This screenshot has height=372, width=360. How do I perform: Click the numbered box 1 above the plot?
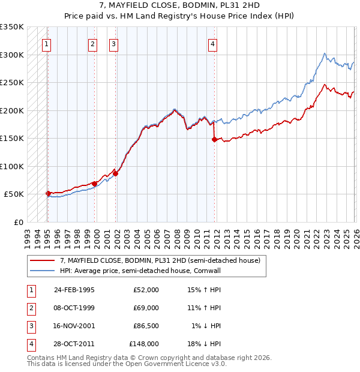click(x=47, y=43)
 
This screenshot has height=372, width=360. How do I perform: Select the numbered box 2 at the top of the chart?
click(x=92, y=43)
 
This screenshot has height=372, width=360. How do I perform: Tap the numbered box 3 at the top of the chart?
click(x=113, y=43)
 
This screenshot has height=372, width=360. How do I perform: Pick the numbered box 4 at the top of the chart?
click(x=212, y=43)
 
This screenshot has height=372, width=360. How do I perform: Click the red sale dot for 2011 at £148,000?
click(x=214, y=139)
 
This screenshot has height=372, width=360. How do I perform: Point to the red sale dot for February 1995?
click(x=48, y=193)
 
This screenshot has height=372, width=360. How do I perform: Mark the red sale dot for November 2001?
click(x=116, y=173)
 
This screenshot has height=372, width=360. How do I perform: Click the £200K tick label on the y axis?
click(x=12, y=111)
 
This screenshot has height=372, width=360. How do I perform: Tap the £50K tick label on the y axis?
click(x=14, y=194)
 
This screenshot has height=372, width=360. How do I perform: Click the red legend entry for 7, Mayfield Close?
click(x=160, y=261)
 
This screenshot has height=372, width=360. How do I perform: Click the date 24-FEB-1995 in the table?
click(x=74, y=290)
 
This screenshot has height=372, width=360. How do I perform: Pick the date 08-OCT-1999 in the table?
click(x=74, y=308)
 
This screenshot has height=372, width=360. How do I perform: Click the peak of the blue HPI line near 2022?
click(x=324, y=54)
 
